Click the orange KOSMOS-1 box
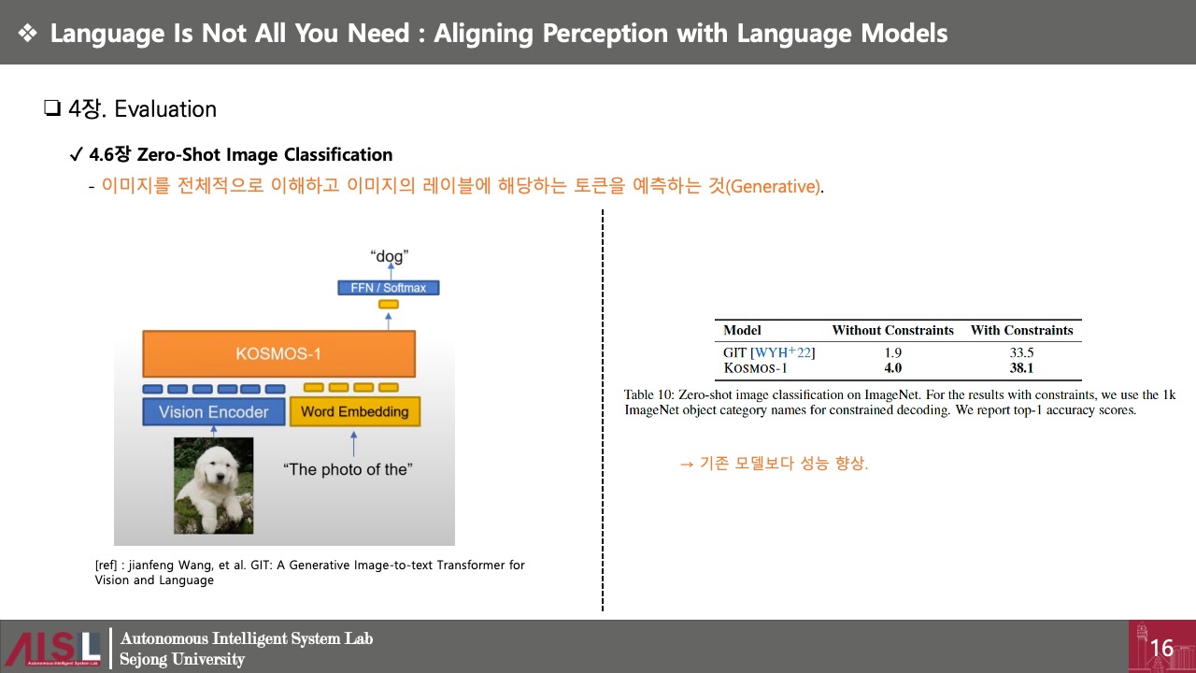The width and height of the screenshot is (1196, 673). tap(278, 353)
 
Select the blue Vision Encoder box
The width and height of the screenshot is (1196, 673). tap(214, 412)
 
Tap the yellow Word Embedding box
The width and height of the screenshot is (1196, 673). tap(355, 411)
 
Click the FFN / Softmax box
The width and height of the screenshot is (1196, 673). tap(389, 288)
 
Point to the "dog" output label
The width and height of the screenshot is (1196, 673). tap(390, 256)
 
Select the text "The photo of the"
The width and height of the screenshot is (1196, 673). tap(348, 469)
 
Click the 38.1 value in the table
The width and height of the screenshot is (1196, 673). tap(1021, 368)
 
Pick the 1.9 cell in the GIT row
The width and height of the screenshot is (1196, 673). tap(892, 352)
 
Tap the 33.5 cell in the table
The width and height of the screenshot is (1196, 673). tap(1021, 352)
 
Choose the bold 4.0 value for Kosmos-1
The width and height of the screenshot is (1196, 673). tap(892, 368)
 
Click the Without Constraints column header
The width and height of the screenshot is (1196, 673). tap(892, 330)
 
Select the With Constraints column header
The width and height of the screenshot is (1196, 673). tap(1022, 330)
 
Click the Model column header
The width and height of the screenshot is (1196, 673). tap(742, 330)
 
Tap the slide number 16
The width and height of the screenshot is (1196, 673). tap(1161, 649)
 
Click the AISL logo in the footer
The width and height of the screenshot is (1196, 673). tap(53, 648)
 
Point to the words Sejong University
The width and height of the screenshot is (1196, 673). tap(182, 659)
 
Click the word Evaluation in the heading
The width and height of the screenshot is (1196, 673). tap(165, 109)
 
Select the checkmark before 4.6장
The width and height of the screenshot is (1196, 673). tap(77, 154)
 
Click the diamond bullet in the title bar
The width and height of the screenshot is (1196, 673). tap(28, 33)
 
